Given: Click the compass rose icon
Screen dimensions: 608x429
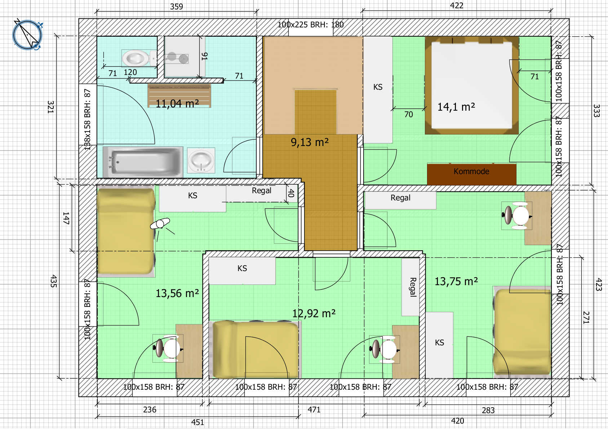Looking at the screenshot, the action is coord(27,35).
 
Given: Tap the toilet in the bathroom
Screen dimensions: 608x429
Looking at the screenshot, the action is coord(139,58).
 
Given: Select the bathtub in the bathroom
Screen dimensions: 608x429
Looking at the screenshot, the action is coord(143,162).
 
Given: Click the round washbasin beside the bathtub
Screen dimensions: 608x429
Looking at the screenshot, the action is coord(201,160).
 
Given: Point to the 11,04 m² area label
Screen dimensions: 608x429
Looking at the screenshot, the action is coord(177,103).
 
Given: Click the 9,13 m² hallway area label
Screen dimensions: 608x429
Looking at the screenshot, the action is coord(310,142).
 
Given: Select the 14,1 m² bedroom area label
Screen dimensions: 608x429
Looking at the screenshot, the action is coord(456,107).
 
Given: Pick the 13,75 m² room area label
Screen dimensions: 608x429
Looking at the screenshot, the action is coord(456,281).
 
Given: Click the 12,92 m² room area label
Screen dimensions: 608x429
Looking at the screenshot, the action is coord(314,313).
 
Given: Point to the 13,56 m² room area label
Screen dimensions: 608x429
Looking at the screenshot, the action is coord(177,293).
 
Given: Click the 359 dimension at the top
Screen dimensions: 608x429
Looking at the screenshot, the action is coord(177,6).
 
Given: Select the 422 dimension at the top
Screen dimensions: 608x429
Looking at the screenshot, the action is coord(457,5).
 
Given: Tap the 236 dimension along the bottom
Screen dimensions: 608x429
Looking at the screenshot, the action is coord(150,410).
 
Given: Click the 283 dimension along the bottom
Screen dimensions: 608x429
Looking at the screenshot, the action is coord(488,410).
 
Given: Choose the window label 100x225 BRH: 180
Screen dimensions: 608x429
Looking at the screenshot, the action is coord(311,25).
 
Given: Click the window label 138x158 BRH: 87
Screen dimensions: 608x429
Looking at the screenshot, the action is coord(87,120).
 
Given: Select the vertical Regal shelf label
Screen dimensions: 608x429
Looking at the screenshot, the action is coord(413,287).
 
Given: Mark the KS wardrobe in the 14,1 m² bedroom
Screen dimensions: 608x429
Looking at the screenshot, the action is coord(378,90).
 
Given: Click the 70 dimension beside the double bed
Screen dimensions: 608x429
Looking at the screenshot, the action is coord(408,114).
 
